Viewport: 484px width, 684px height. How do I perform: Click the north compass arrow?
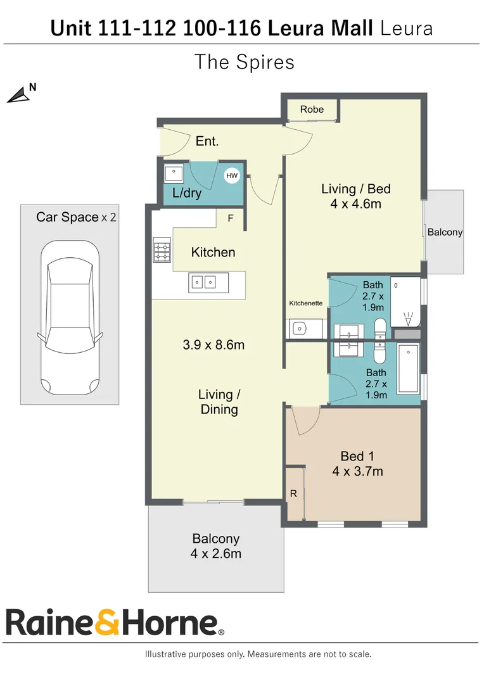coord(19,96)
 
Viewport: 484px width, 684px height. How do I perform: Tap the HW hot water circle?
coord(232,175)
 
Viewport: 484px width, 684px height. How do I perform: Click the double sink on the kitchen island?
coord(203,282)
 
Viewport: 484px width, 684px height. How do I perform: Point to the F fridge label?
coord(230,218)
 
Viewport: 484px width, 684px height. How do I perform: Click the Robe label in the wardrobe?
coord(312,110)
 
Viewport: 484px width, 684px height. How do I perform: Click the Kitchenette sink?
coord(300,328)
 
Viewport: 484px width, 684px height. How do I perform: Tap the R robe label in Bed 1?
coord(293,493)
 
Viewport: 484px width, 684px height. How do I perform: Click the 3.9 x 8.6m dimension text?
coord(213,345)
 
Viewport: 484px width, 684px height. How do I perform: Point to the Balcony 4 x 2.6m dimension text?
coord(216,554)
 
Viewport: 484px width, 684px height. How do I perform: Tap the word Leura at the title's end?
coord(407,28)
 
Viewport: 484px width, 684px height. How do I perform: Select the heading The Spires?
coord(244,62)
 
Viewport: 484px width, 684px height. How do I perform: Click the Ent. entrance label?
coord(207,141)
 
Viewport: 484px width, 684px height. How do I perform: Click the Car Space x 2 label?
coord(76,217)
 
